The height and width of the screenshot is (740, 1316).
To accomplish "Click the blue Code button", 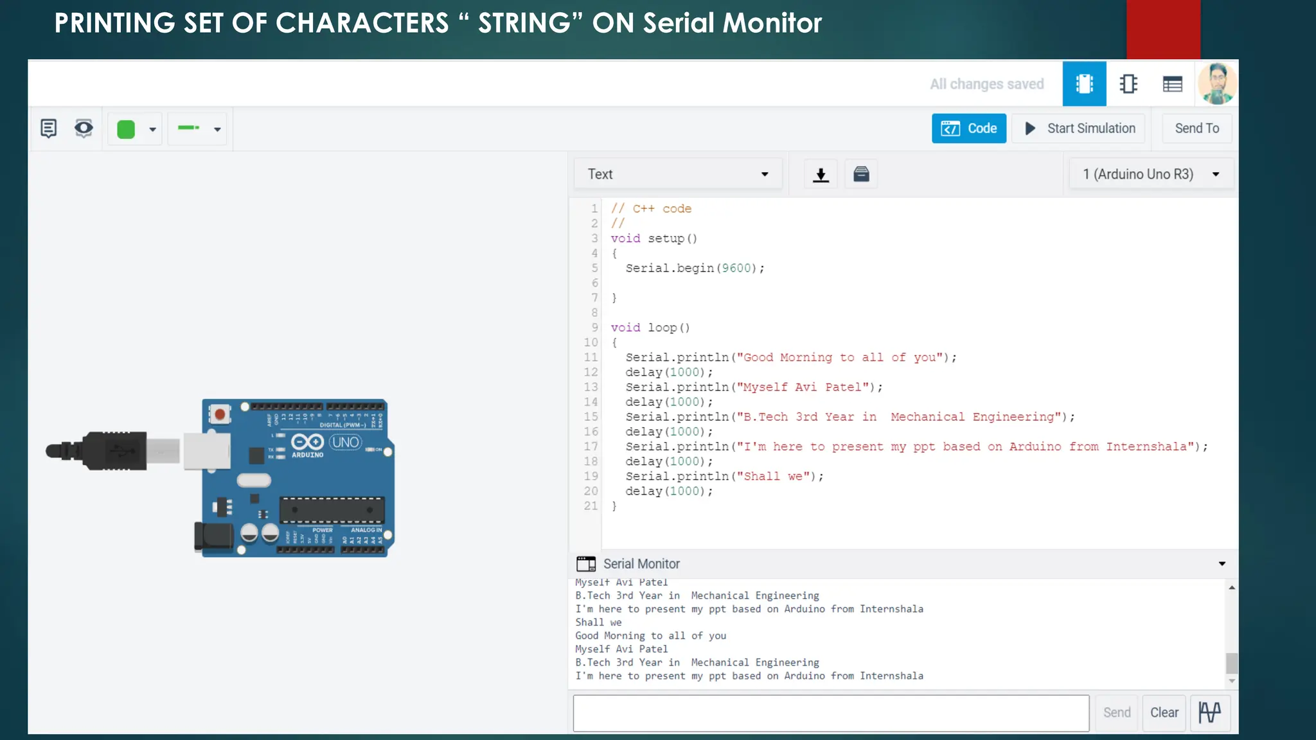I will (x=968, y=128).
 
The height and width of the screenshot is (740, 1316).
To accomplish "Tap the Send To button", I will (x=1196, y=128).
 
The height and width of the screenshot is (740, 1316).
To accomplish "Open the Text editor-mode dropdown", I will (x=677, y=174).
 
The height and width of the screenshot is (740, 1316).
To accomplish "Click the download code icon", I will (x=821, y=174).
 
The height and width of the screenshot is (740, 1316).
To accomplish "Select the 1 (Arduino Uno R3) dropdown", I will (x=1150, y=174).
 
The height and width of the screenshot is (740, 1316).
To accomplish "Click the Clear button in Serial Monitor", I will (x=1164, y=712).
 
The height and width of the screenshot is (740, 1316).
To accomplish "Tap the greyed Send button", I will (x=1116, y=712).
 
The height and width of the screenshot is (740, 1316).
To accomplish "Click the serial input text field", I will (x=830, y=712).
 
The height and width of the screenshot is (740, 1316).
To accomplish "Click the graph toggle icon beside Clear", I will (x=1210, y=712).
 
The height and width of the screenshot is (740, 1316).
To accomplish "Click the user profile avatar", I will (x=1216, y=84).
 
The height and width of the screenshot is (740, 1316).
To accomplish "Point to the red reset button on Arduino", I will (x=220, y=414).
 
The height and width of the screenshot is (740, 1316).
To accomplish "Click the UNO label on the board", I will (x=346, y=442).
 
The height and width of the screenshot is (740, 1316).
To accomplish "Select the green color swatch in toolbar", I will (x=126, y=129).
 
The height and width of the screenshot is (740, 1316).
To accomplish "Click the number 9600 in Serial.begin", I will (x=736, y=268).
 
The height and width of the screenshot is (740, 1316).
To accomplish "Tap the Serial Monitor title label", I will (x=641, y=563).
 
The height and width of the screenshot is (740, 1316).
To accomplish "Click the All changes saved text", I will (x=986, y=84).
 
